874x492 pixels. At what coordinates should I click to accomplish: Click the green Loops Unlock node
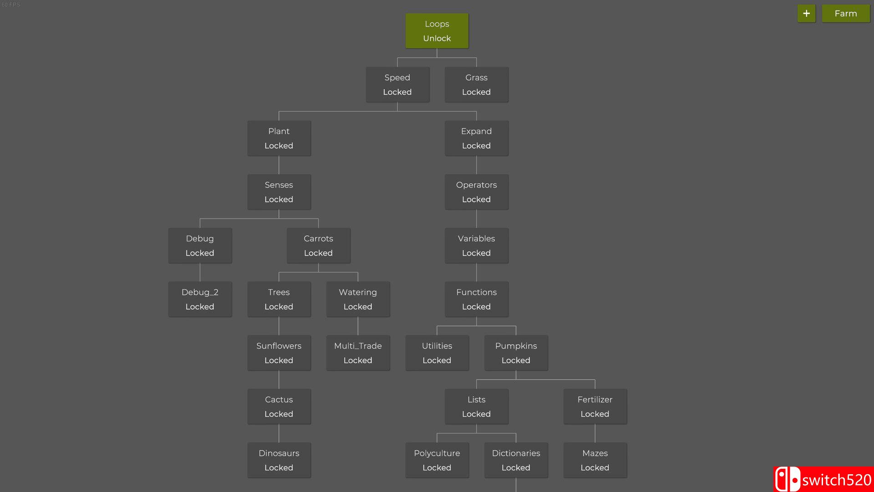(437, 31)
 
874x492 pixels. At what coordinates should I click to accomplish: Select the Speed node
(397, 85)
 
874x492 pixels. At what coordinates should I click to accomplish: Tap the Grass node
(476, 85)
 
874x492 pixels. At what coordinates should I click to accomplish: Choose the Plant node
(279, 138)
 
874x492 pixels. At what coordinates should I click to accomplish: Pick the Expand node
(476, 138)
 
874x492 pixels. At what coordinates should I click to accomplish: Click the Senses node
(279, 192)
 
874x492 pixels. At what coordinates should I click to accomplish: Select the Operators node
(476, 192)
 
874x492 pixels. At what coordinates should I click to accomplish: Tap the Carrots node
(318, 246)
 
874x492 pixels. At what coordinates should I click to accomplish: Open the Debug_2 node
(200, 299)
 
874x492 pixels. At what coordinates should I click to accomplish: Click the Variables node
(476, 246)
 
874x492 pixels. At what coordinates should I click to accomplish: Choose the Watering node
(358, 299)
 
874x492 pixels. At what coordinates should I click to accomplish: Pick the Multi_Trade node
(358, 353)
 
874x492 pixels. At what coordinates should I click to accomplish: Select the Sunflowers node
(279, 353)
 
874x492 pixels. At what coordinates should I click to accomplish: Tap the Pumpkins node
(516, 353)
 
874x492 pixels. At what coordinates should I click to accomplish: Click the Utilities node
(437, 353)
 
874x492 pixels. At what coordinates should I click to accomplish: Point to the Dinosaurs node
(279, 460)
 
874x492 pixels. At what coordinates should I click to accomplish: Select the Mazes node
(595, 460)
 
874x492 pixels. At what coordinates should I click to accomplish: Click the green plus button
(806, 14)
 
